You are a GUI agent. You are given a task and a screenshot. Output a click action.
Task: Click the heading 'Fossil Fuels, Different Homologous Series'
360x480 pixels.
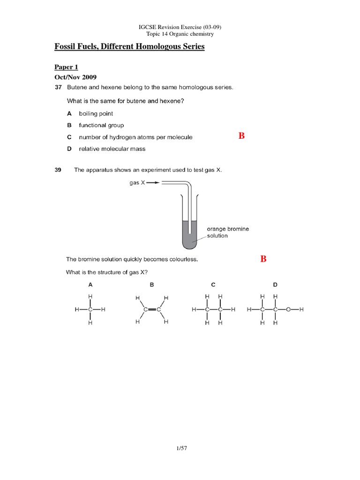click(129, 47)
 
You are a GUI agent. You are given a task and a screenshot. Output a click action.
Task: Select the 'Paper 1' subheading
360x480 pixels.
click(66, 67)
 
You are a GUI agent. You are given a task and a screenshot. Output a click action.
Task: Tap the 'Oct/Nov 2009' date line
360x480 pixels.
click(76, 77)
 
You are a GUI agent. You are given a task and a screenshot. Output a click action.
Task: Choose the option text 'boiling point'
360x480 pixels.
click(96, 113)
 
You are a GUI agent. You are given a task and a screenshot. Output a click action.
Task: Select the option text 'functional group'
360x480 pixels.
click(101, 125)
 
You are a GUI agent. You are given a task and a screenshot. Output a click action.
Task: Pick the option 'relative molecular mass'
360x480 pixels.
click(112, 149)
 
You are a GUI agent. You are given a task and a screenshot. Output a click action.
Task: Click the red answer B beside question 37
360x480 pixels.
click(241, 136)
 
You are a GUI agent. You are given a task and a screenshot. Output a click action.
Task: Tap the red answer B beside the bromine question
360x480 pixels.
click(263, 259)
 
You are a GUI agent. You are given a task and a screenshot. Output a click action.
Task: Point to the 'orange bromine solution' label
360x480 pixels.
click(228, 232)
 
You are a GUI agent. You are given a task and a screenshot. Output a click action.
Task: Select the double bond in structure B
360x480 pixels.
click(152, 310)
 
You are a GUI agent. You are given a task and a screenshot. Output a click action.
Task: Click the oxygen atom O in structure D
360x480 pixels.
click(288, 309)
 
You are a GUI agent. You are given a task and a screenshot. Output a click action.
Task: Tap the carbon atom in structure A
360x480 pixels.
click(90, 309)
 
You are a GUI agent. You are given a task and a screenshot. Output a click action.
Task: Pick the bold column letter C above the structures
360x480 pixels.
click(213, 285)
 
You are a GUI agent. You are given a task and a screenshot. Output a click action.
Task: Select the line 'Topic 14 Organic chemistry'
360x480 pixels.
click(180, 34)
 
